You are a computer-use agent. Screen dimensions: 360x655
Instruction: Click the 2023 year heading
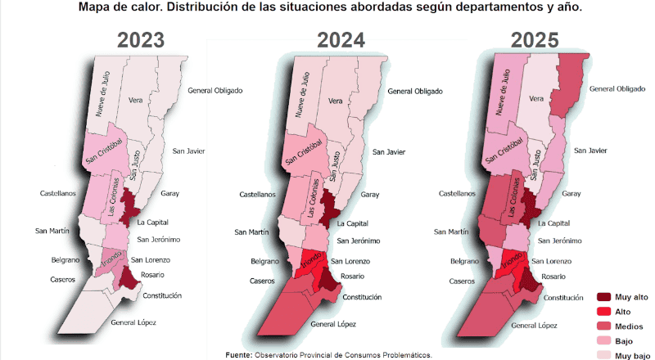[141, 40]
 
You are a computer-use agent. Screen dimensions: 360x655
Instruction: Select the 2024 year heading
[341, 40]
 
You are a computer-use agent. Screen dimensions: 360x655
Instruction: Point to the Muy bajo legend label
[633, 355]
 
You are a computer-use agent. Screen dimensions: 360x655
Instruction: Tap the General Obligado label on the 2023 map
[215, 90]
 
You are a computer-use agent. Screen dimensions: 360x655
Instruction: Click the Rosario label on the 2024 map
[352, 277]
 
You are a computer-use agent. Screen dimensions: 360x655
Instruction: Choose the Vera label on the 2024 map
[335, 101]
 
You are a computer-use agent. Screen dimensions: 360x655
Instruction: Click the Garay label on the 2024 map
[369, 195]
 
